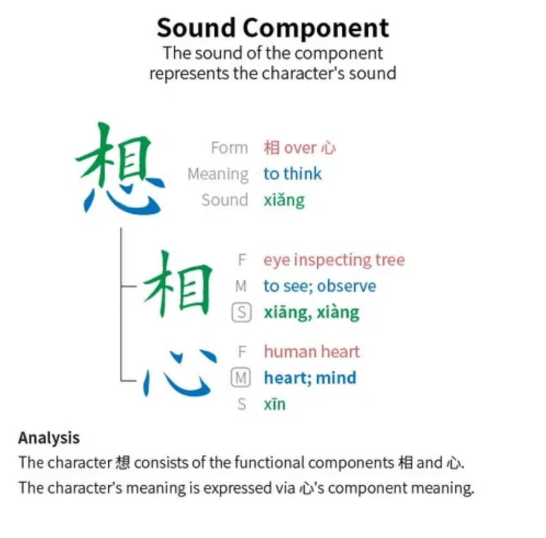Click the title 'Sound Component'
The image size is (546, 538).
272,28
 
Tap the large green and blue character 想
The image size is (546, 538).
120,168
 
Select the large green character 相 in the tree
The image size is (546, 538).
178,284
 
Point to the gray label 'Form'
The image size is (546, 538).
229,148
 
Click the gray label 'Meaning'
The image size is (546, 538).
218,174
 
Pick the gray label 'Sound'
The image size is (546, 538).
224,200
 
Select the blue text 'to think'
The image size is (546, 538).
293,173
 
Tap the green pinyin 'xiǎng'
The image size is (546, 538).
284,200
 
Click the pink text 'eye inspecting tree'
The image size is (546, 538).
334,260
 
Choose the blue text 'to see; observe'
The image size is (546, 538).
320,286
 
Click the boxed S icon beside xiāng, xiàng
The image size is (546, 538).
242,312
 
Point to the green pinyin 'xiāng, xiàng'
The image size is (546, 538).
311,312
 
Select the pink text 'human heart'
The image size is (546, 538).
311,351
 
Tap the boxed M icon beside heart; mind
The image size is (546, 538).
240,378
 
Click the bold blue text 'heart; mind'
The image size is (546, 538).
310,378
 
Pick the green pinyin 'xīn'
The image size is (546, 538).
275,404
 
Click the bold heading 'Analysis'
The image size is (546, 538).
49,438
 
